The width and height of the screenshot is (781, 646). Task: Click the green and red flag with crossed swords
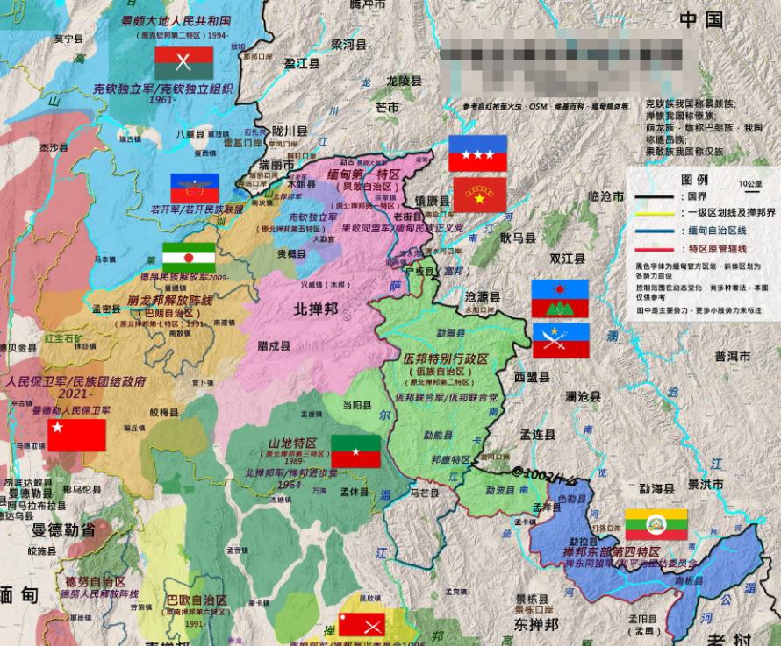coord(183,62)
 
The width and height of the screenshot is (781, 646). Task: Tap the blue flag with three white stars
coord(477,153)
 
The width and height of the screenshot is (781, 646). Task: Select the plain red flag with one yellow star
coord(76,435)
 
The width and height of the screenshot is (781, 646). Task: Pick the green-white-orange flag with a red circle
coord(188,258)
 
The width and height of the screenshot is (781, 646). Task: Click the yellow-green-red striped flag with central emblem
coord(656,524)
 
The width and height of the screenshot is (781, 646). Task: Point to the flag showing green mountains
coord(559,299)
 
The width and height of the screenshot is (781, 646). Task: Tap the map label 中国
coord(700,19)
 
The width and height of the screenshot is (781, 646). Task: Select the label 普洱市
coord(732,357)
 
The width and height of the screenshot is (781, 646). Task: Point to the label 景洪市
coord(705,484)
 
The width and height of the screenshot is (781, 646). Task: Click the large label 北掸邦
coord(315,309)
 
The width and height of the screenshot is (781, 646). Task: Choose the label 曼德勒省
coord(63,530)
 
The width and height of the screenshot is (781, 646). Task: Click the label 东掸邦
coord(536,625)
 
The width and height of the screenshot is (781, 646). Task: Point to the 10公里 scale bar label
coord(750,184)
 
